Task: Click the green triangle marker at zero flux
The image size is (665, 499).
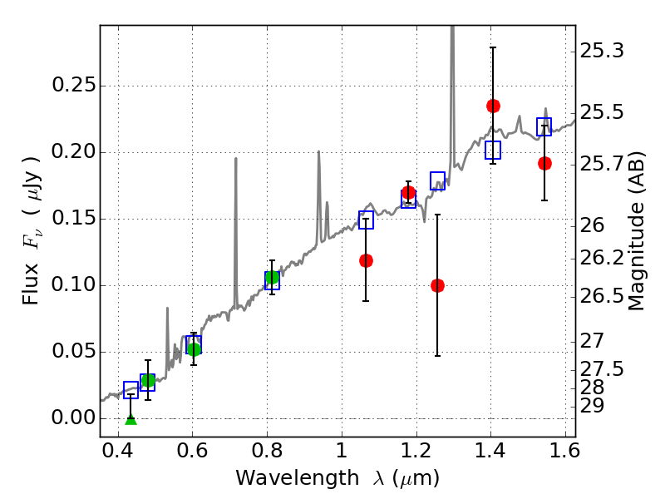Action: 131,418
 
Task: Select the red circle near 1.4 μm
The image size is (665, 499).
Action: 493,106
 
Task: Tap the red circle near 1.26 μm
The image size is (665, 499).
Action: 437,285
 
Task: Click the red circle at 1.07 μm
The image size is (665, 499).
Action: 366,260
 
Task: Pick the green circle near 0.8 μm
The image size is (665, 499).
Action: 271,277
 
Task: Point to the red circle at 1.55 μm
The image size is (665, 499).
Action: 544,163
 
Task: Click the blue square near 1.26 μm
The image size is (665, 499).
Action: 437,180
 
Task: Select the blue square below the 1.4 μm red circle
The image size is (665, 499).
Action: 493,150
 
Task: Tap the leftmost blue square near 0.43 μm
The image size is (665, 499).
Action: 131,389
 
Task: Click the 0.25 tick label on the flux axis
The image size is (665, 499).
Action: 72,86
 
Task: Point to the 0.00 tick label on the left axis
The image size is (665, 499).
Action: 72,418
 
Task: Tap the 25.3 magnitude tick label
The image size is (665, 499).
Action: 603,52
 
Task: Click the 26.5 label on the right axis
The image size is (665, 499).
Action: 603,297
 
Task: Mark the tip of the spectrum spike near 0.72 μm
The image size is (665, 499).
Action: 235,159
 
